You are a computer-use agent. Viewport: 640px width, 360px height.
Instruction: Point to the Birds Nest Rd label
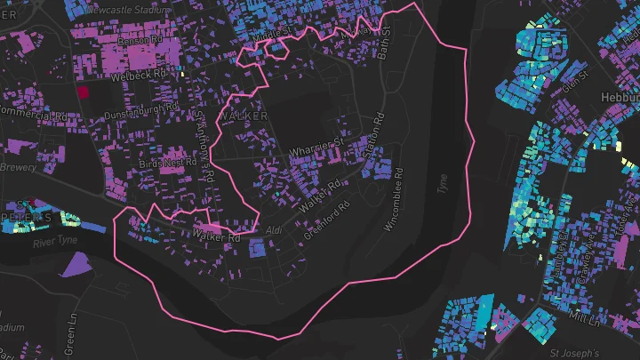167,164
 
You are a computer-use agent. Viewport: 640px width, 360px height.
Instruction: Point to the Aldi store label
274,230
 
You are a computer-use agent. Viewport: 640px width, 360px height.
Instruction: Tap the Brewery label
18,167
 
